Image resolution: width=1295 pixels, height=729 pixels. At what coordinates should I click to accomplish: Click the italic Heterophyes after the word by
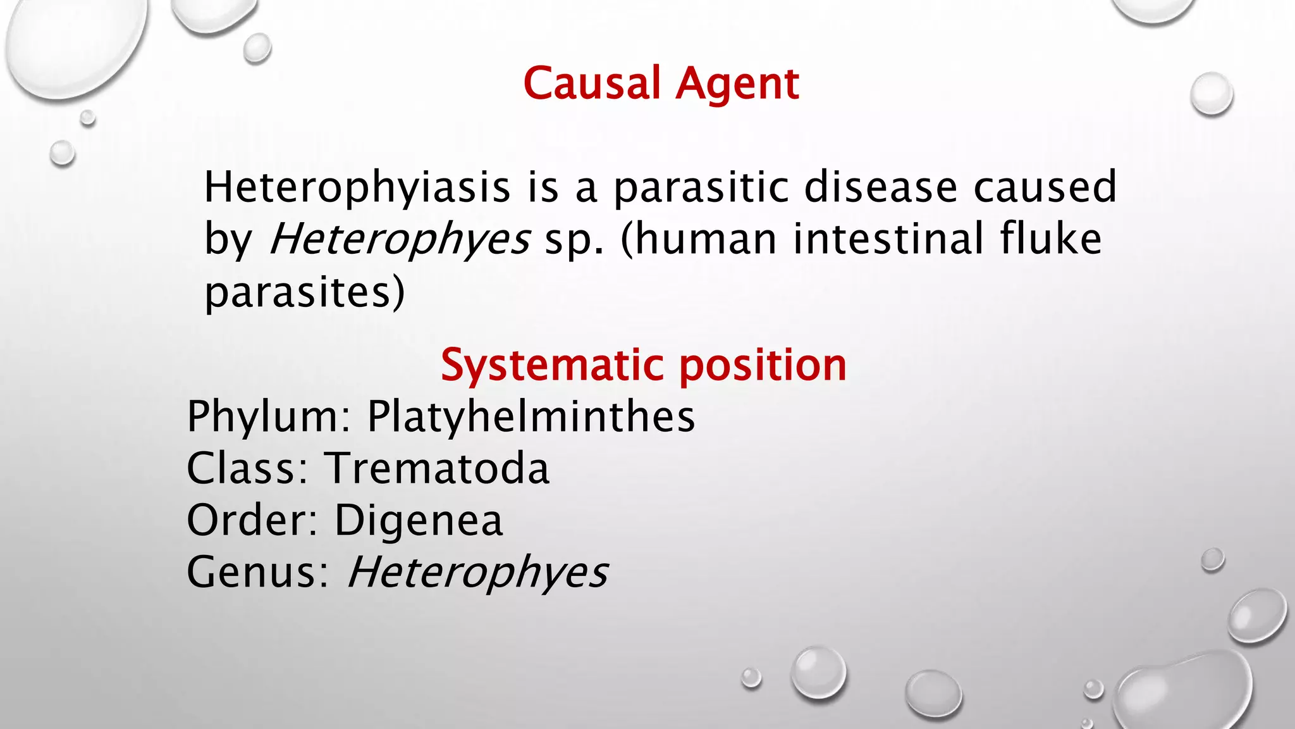400,239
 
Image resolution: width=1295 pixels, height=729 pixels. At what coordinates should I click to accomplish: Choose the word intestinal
888,239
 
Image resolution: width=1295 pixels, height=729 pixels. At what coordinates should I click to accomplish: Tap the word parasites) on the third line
304,292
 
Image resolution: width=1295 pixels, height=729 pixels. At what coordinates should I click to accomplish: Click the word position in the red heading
763,365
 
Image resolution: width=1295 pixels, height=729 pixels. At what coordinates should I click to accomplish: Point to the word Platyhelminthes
531,416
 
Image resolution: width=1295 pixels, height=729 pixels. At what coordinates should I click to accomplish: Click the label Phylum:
269,416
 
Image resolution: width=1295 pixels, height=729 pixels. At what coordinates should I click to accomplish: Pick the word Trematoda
438,468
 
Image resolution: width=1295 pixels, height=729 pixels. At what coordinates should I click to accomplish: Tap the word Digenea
419,520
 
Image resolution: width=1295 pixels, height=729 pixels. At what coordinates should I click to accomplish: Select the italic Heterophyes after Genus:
477,572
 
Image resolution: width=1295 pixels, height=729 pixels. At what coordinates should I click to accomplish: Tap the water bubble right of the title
1211,94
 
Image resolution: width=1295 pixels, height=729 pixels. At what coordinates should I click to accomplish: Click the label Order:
252,520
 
